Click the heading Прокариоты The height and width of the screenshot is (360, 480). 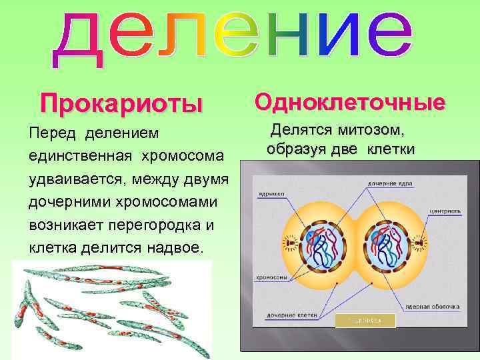pyautogui.click(x=120, y=104)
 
